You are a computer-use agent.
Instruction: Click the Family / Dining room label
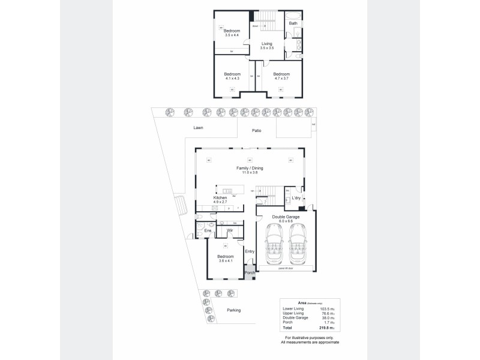(250, 169)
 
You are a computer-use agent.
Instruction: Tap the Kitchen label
(220, 197)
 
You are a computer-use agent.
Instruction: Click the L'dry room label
(296, 197)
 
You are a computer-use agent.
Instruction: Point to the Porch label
(250, 273)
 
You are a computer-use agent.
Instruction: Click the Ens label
(208, 230)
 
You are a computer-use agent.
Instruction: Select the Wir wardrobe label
(230, 230)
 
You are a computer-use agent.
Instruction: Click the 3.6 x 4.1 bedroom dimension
(225, 261)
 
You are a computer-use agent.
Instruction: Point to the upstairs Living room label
(266, 44)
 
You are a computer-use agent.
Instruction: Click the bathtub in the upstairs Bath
(293, 14)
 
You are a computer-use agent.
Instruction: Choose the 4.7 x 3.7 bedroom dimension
(281, 78)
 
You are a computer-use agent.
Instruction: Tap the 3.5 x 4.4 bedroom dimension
(232, 35)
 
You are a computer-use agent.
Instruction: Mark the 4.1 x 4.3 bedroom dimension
(232, 78)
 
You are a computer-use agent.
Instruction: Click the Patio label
(256, 130)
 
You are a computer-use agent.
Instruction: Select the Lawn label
(199, 128)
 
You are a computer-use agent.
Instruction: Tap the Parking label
(233, 310)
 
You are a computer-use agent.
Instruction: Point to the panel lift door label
(285, 269)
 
